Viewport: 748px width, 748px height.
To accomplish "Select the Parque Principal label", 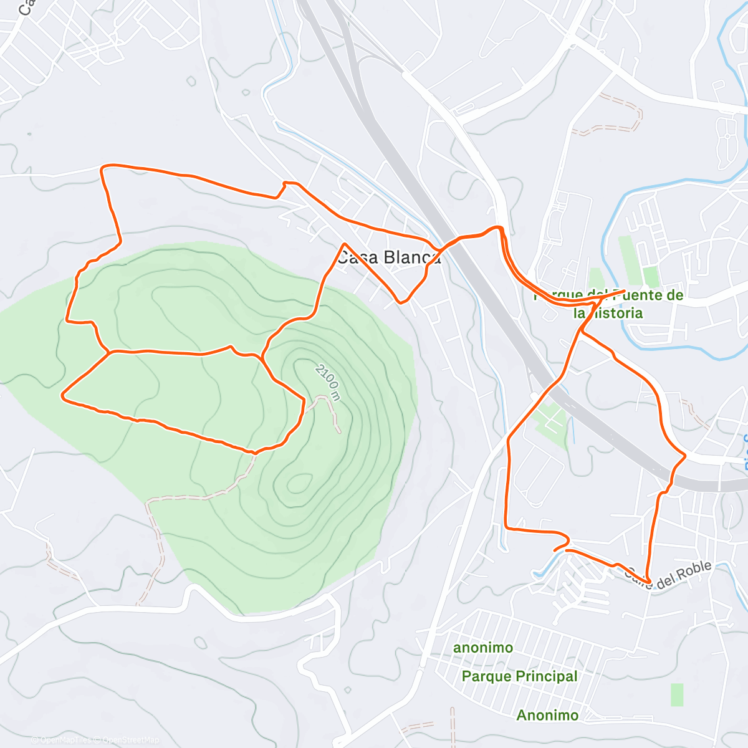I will [x=519, y=676].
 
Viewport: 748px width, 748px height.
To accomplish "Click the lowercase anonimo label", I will [x=483, y=648].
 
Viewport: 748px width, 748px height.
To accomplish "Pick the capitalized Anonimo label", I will [x=547, y=715].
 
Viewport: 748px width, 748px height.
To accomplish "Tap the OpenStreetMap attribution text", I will [x=131, y=740].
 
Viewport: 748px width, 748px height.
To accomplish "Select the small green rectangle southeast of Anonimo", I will [x=677, y=694].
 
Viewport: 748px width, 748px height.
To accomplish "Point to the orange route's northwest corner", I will [x=104, y=167].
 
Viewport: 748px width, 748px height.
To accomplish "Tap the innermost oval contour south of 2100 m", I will [x=300, y=483].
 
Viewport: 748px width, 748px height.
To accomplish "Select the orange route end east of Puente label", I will [x=624, y=290].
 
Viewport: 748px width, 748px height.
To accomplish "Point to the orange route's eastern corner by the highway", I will [x=684, y=456].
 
